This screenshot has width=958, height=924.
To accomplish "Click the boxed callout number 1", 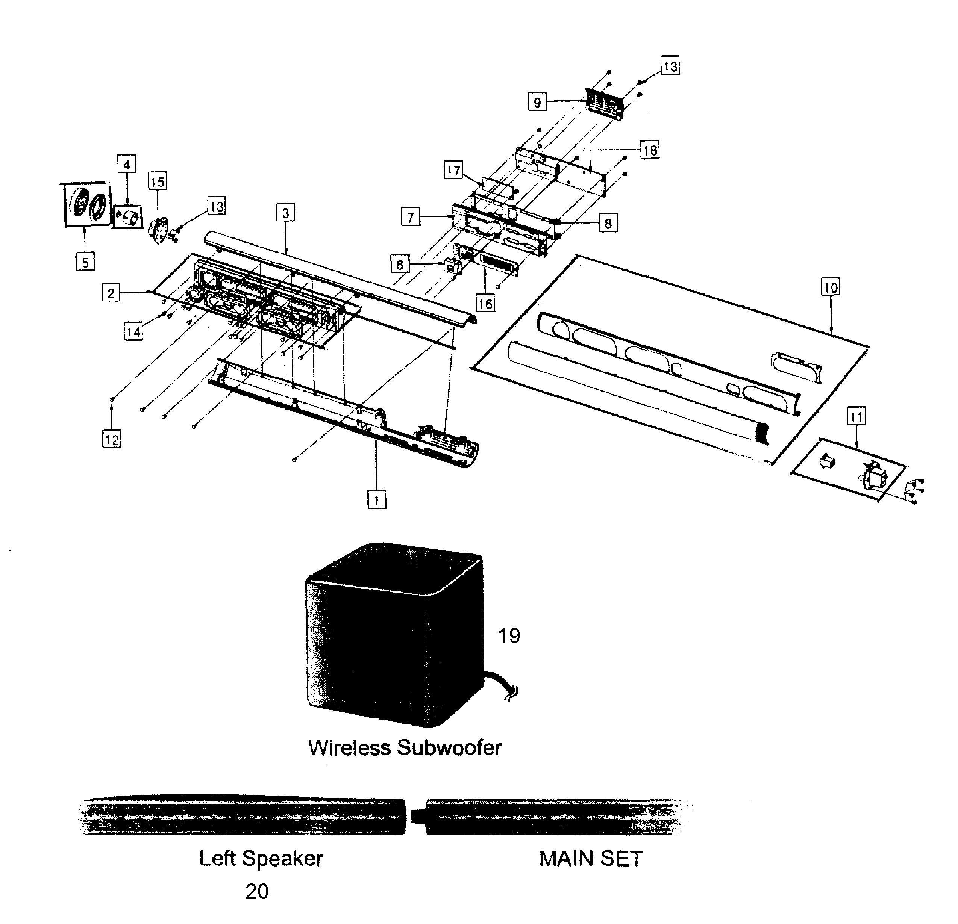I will tap(376, 500).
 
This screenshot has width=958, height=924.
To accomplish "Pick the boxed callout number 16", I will tap(485, 303).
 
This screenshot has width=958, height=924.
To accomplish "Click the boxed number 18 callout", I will tap(650, 150).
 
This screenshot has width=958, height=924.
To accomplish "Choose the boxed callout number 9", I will tap(537, 102).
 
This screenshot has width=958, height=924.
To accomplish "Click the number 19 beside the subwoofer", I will tap(508, 636).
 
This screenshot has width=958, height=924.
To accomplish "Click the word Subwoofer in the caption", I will tap(449, 748).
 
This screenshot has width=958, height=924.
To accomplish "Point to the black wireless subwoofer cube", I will tap(391, 635).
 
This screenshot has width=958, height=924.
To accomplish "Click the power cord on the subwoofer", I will tap(503, 684).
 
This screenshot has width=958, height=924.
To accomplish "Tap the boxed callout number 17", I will tap(453, 171).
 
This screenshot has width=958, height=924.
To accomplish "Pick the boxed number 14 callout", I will tap(133, 332).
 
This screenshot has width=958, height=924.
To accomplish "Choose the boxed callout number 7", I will tap(411, 216).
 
